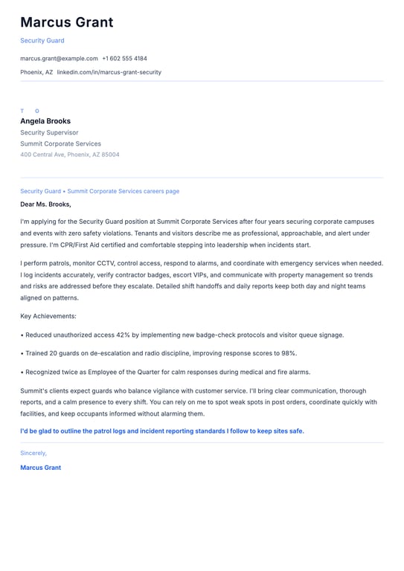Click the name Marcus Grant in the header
pyautogui.click(x=67, y=22)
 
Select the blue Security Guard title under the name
pyautogui.click(x=42, y=41)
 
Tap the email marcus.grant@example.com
pyautogui.click(x=59, y=58)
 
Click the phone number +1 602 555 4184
pyautogui.click(x=124, y=58)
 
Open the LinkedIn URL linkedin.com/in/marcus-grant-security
pyautogui.click(x=109, y=72)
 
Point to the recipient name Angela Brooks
pyautogui.click(x=45, y=121)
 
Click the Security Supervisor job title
pyautogui.click(x=49, y=132)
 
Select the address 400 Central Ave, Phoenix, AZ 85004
pyautogui.click(x=69, y=155)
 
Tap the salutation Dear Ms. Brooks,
pyautogui.click(x=45, y=204)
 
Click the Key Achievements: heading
pyautogui.click(x=49, y=317)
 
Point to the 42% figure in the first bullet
pyautogui.click(x=124, y=335)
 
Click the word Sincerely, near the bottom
pyautogui.click(x=33, y=453)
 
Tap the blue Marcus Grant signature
pyautogui.click(x=41, y=468)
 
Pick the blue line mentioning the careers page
pyautogui.click(x=100, y=191)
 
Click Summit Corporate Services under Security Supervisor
pyautogui.click(x=60, y=143)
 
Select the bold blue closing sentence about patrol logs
pyautogui.click(x=162, y=431)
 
